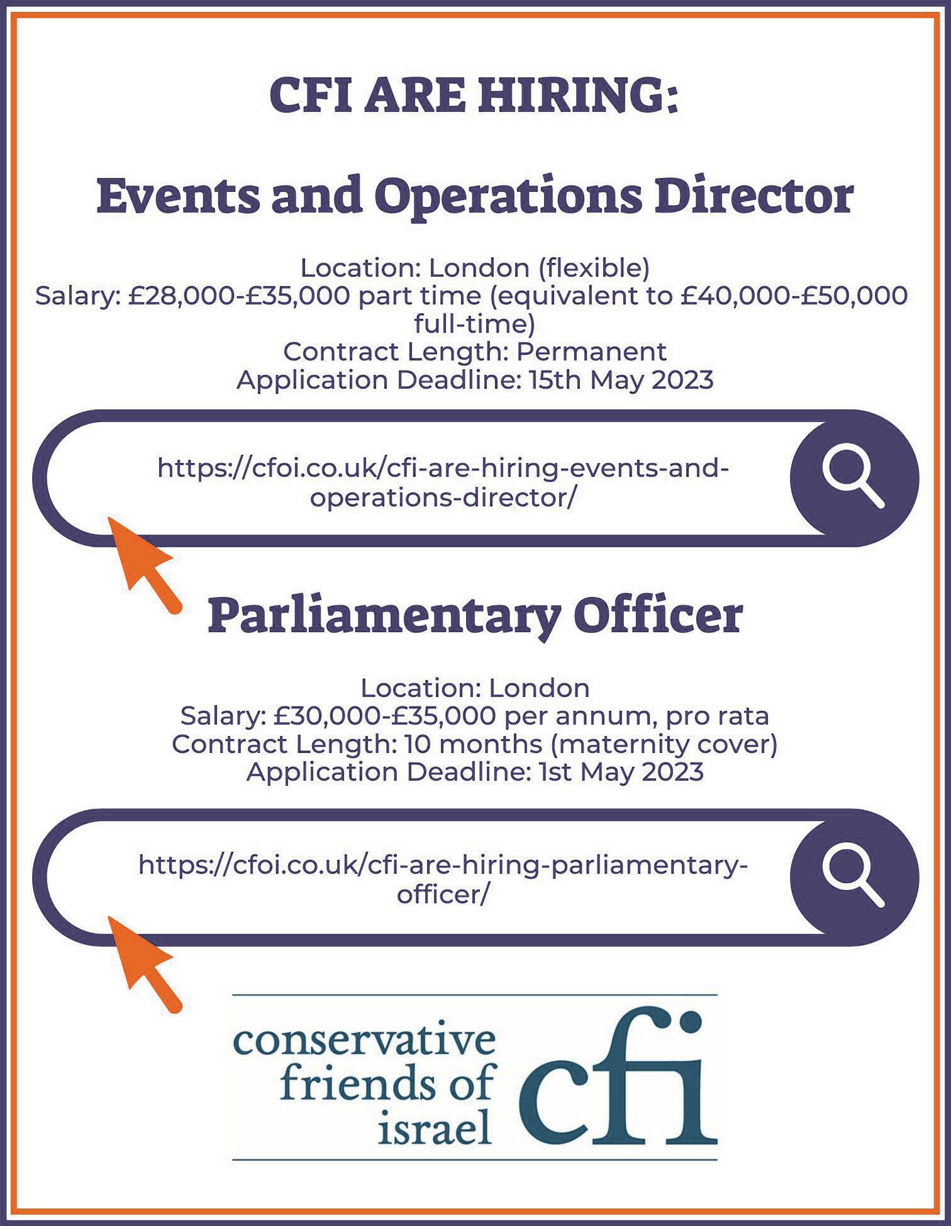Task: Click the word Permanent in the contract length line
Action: coord(591,352)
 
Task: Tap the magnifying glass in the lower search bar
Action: coord(854,877)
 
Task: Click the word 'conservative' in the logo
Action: coord(364,1042)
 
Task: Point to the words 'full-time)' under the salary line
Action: coord(475,324)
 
